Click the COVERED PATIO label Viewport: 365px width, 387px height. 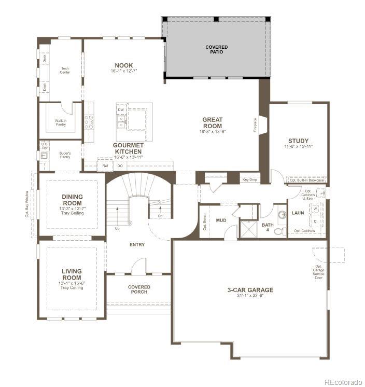coord(216,49)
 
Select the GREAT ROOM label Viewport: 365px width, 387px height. coord(213,122)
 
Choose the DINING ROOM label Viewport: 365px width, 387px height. coord(73,200)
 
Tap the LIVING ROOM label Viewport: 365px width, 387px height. coord(72,274)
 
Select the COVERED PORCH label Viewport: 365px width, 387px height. coord(139,289)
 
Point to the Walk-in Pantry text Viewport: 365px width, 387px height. coord(61,123)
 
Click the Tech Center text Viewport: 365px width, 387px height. coord(65,70)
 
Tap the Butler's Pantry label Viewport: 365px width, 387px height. coord(65,155)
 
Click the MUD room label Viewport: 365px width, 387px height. coord(221,220)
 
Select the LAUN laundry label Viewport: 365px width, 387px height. coord(298,213)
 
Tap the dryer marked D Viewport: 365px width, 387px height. coord(315,220)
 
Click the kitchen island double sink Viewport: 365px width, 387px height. coord(121,122)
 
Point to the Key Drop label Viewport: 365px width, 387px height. coord(249,179)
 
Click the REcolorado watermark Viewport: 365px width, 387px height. coord(342,382)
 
